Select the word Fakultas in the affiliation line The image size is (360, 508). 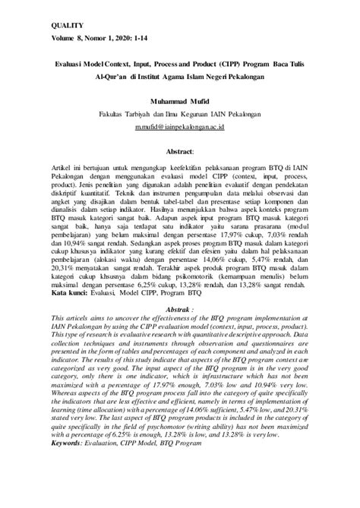(112, 115)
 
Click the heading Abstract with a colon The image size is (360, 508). (180, 151)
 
